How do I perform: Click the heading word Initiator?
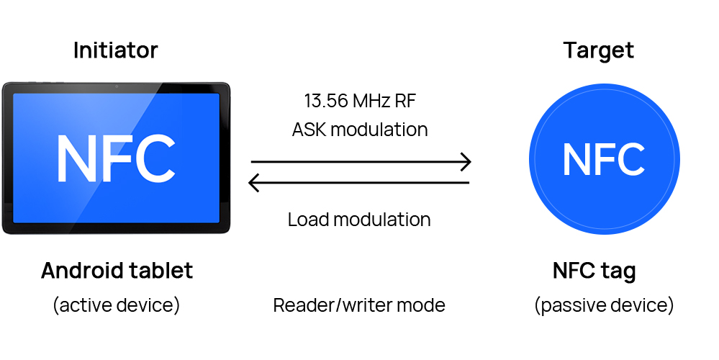(115, 50)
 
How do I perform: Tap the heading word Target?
(598, 50)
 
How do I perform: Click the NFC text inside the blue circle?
(603, 160)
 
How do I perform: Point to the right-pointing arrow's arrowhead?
(466, 162)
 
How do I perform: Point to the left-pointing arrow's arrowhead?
(253, 183)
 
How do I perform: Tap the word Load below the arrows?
(306, 220)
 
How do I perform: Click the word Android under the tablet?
(80, 271)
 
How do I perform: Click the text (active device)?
(116, 305)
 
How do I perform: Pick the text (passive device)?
(604, 305)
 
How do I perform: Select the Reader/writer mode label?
(359, 305)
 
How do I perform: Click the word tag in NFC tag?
(620, 272)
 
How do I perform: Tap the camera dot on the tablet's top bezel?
(115, 87)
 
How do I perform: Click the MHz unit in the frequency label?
(373, 101)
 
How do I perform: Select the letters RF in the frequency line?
(405, 101)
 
